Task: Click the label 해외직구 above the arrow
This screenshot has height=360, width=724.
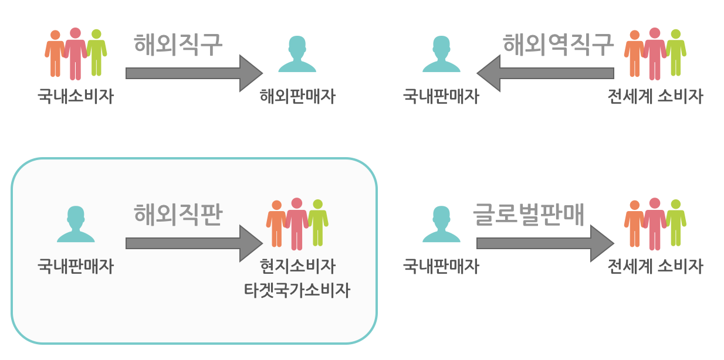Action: [x=178, y=44]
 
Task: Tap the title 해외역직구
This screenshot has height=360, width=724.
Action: [x=558, y=44]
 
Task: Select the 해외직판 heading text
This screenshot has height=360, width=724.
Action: [x=178, y=214]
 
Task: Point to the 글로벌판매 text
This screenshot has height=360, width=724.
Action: [x=529, y=214]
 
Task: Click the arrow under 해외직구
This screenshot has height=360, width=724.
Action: [x=194, y=73]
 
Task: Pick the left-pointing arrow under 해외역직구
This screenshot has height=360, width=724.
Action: [x=545, y=73]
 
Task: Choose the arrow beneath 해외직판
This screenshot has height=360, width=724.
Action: [x=194, y=243]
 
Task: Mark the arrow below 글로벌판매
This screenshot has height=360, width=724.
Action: [x=545, y=243]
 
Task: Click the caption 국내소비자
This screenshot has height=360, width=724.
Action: [x=76, y=97]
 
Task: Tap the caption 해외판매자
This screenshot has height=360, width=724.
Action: [x=297, y=97]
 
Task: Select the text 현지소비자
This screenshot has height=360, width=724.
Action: [x=297, y=267]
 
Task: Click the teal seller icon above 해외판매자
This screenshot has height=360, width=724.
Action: [x=297, y=55]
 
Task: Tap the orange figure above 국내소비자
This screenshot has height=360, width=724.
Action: [x=55, y=53]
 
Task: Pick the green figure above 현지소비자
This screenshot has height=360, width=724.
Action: [x=317, y=223]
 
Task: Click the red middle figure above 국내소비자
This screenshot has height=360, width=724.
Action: [x=75, y=53]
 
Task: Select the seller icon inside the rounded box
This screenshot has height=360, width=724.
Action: [x=76, y=224]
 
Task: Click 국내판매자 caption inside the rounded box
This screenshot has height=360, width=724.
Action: [x=76, y=267]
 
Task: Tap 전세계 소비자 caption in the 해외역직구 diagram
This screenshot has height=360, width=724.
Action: [x=655, y=97]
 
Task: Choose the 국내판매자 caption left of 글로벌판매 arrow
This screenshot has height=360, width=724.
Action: [x=441, y=267]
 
